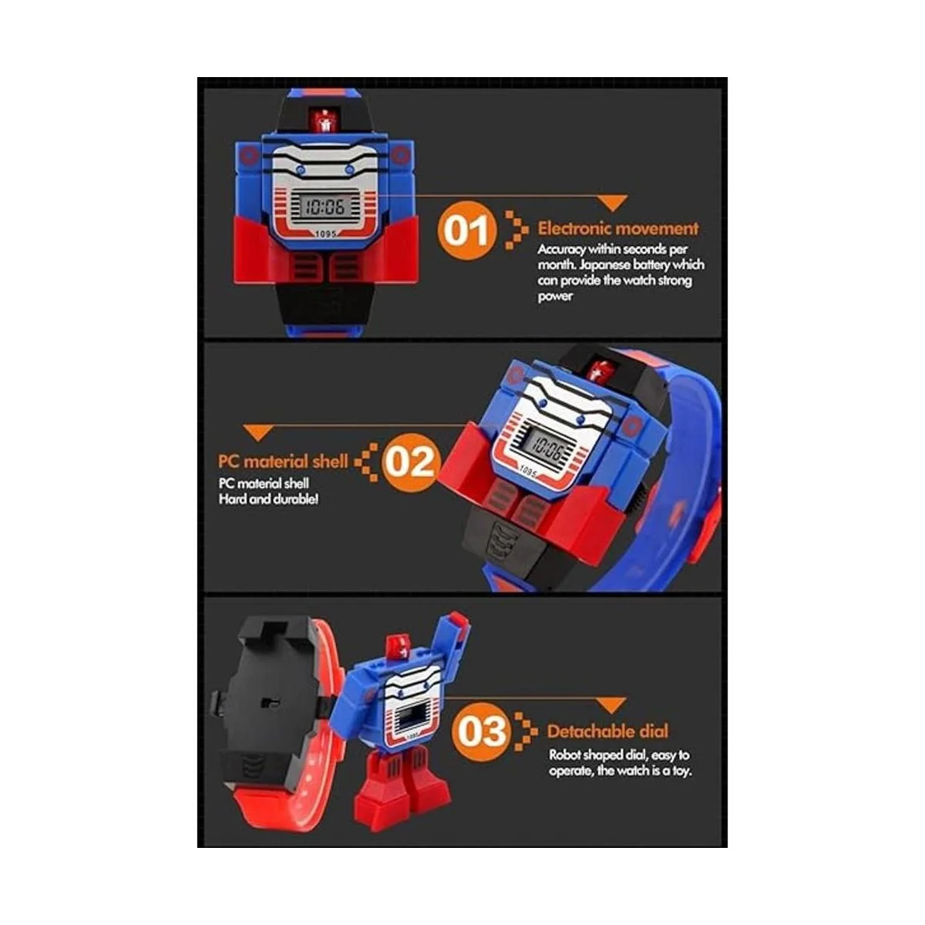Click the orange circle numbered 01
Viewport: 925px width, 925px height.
(x=465, y=230)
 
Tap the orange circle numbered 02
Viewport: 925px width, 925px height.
(x=409, y=462)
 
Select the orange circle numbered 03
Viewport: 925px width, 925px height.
(x=482, y=731)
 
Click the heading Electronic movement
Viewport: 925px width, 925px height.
(x=617, y=228)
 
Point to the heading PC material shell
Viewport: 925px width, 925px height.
(x=283, y=461)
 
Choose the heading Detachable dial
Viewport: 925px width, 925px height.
(x=607, y=731)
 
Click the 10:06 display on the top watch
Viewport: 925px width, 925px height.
(x=325, y=207)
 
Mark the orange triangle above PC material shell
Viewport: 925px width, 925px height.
(x=259, y=432)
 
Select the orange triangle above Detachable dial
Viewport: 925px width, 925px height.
(x=611, y=705)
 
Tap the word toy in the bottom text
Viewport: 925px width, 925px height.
(x=681, y=771)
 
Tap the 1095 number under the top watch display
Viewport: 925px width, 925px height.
(x=325, y=234)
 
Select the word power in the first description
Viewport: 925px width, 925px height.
(x=555, y=296)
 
